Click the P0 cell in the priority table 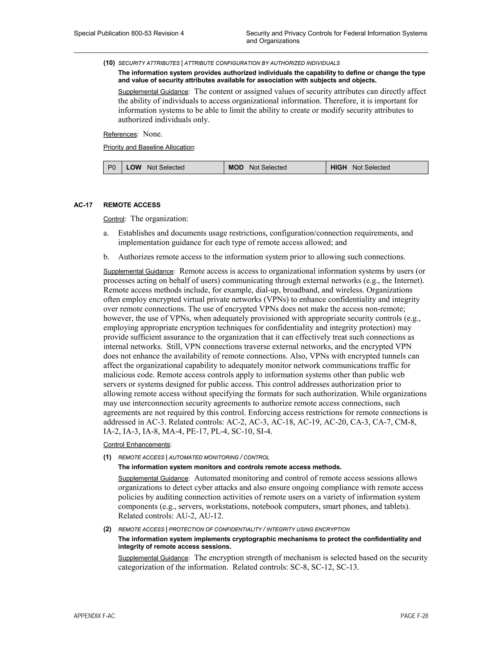pyautogui.click(x=112, y=167)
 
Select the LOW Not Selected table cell pyautogui.click(x=173, y=167)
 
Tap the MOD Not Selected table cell pyautogui.click(x=275, y=167)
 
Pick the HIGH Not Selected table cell pyautogui.click(x=377, y=167)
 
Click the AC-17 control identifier pyautogui.click(x=83, y=205)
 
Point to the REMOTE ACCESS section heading pyautogui.click(x=132, y=205)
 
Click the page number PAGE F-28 pyautogui.click(x=414, y=616)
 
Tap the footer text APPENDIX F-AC pyautogui.click(x=94, y=616)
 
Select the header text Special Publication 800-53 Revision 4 pyautogui.click(x=129, y=33)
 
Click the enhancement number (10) pyautogui.click(x=109, y=63)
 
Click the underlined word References pyautogui.click(x=120, y=134)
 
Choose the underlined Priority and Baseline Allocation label pyautogui.click(x=148, y=147)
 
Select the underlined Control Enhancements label pyautogui.click(x=137, y=445)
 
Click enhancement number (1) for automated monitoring pyautogui.click(x=107, y=457)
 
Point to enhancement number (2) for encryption pyautogui.click(x=107, y=529)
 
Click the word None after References pyautogui.click(x=152, y=134)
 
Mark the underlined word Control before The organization pyautogui.click(x=113, y=219)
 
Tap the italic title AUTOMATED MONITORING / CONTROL pyautogui.click(x=219, y=457)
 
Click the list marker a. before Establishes pyautogui.click(x=106, y=233)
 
